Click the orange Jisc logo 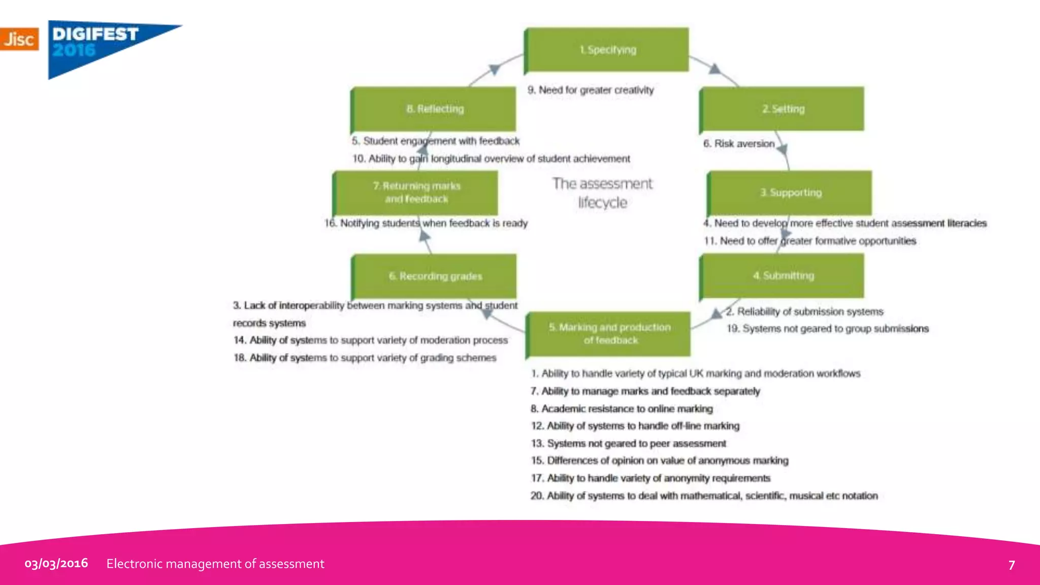click(x=19, y=39)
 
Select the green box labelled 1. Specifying click(x=607, y=50)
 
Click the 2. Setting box click(x=782, y=109)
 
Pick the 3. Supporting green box click(x=790, y=192)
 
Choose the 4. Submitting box click(x=782, y=276)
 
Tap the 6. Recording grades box click(x=435, y=276)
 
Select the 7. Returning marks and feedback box click(x=416, y=192)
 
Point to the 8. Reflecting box click(x=434, y=109)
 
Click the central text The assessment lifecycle click(x=602, y=193)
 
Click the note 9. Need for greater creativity click(x=590, y=90)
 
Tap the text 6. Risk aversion click(x=738, y=144)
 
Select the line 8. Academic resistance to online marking click(x=622, y=409)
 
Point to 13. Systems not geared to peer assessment click(x=628, y=443)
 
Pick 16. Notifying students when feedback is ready click(x=426, y=223)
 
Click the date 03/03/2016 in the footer click(x=56, y=563)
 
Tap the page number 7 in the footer click(x=1011, y=565)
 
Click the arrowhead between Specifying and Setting click(x=715, y=69)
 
